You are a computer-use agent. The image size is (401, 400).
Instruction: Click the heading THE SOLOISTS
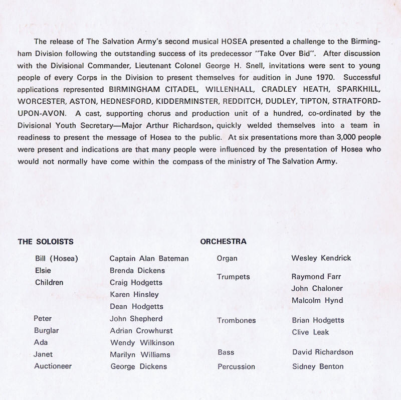(x=46, y=242)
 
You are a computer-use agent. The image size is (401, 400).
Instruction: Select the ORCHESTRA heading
(x=223, y=242)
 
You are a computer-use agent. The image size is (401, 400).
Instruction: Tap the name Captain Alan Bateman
(x=149, y=259)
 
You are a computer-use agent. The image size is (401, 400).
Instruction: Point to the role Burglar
(x=47, y=331)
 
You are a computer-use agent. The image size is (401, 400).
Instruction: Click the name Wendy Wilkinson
(x=142, y=343)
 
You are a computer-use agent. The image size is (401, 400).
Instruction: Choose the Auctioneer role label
(x=53, y=366)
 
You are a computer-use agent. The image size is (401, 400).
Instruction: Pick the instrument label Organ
(x=227, y=259)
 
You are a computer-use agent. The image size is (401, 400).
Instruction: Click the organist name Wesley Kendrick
(x=321, y=258)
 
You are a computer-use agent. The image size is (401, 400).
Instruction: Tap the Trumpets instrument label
(x=233, y=277)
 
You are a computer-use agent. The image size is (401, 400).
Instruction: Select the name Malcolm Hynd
(x=317, y=300)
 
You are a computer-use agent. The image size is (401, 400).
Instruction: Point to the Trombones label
(x=236, y=320)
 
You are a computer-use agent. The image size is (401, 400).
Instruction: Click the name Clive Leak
(x=310, y=332)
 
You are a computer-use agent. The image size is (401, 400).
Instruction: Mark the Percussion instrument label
(x=236, y=367)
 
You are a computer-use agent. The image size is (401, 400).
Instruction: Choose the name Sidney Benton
(x=317, y=366)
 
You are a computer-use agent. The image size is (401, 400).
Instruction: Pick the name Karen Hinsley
(x=134, y=295)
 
